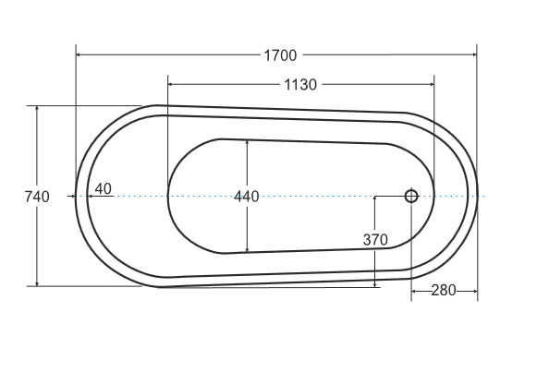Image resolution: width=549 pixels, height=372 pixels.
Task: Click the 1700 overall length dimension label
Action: click(280, 55)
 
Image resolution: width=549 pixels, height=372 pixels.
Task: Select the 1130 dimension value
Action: click(300, 85)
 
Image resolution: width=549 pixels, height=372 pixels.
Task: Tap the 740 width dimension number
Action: click(37, 196)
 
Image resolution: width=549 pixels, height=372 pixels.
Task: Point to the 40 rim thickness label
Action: click(103, 189)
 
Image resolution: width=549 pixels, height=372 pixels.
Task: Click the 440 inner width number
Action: click(247, 196)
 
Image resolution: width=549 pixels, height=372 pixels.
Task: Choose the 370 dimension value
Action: click(374, 239)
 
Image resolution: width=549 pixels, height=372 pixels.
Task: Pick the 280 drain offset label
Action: click(444, 291)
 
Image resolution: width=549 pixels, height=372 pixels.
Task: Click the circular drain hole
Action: click(411, 196)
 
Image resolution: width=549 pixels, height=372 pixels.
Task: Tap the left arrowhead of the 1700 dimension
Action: click(80, 55)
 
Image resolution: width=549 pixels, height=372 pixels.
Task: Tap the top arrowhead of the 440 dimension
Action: click(247, 144)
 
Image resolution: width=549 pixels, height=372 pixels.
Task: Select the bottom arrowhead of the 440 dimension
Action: click(247, 248)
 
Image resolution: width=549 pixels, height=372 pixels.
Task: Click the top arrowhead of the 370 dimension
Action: click(374, 200)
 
